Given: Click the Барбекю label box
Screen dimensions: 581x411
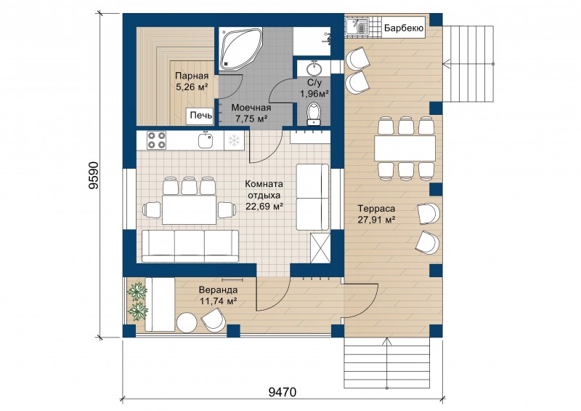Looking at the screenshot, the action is point(404,28).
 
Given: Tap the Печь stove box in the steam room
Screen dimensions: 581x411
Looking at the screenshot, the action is point(201,116).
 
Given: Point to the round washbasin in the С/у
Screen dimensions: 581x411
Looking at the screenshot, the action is point(314,68).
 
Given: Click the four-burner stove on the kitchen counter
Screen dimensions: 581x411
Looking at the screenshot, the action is point(156,140).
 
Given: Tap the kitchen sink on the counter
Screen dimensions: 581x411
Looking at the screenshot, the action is point(206,140).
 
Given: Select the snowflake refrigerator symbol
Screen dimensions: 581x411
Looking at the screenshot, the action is point(234,140).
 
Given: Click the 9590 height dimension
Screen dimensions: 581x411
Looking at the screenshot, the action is point(94,175).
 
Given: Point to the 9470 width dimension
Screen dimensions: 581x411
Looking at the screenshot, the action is point(283,391).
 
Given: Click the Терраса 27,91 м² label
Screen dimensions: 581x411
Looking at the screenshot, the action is point(376,214).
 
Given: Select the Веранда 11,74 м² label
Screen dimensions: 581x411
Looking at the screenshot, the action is point(219,295).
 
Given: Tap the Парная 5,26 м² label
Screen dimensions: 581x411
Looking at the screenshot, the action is point(192,81).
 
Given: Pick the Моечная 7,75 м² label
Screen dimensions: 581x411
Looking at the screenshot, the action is point(251,113).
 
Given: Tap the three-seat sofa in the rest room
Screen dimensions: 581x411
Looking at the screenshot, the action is point(190,246).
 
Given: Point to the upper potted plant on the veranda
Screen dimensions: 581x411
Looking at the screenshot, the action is point(137,291).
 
